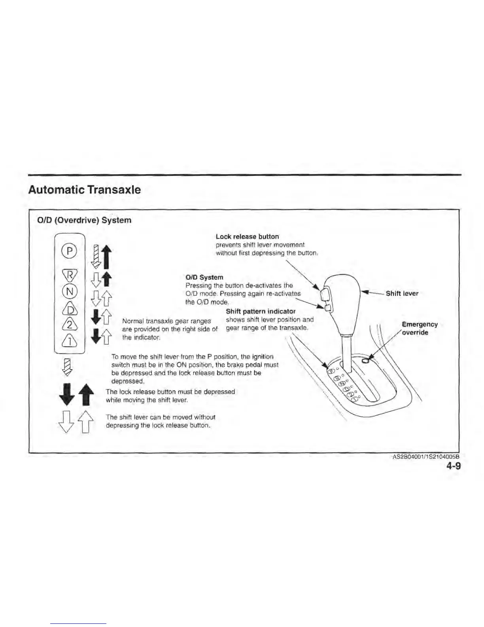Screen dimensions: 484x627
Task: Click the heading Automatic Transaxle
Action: tap(84, 190)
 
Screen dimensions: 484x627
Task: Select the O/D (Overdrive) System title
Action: tap(84, 220)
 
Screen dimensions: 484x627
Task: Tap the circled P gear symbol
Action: tap(69, 251)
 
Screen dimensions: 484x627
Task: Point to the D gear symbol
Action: tap(69, 308)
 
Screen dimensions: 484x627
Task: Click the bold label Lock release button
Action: tap(247, 237)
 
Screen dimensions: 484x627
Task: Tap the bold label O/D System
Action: tap(204, 277)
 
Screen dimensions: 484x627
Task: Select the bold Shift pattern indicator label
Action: tap(261, 311)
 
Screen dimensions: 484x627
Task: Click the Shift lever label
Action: tap(402, 293)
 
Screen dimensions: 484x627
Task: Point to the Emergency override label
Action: tap(419, 329)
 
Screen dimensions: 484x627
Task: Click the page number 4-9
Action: tap(454, 466)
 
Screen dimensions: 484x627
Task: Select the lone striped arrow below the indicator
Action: tap(68, 366)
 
